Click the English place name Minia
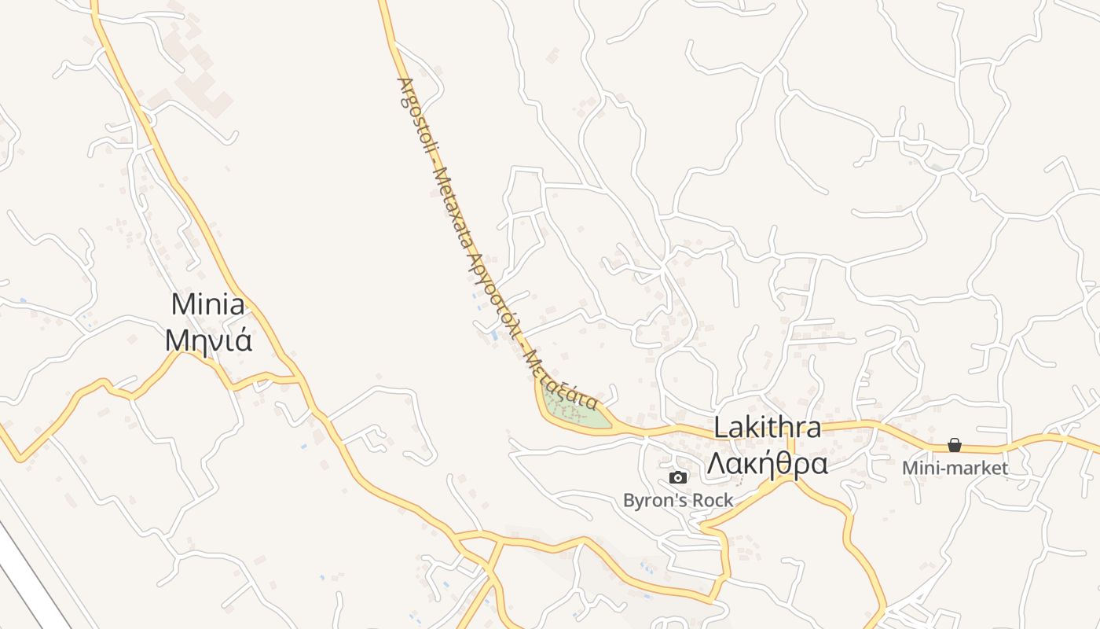(x=208, y=304)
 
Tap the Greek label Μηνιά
(x=208, y=340)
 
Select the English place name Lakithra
(x=767, y=429)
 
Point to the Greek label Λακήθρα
(x=767, y=465)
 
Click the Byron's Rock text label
(x=677, y=500)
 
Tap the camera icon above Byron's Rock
(x=677, y=477)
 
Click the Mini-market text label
(x=955, y=469)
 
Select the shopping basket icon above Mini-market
(x=955, y=446)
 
